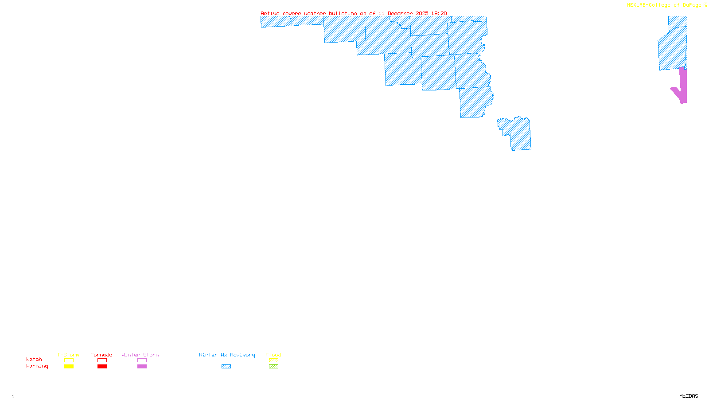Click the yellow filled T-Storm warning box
pyautogui.click(x=69, y=367)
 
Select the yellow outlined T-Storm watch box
pyautogui.click(x=69, y=360)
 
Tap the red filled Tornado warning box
pyautogui.click(x=102, y=367)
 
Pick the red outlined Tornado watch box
pyautogui.click(x=102, y=360)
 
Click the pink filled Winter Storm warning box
pyautogui.click(x=142, y=367)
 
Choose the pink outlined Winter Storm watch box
pyautogui.click(x=142, y=360)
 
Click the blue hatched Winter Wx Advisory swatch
pyautogui.click(x=226, y=367)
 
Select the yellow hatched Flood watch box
pyautogui.click(x=273, y=360)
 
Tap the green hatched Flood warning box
pyautogui.click(x=273, y=367)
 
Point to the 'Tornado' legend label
pyautogui.click(x=101, y=355)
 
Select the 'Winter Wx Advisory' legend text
pyautogui.click(x=227, y=355)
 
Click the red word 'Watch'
pyautogui.click(x=34, y=360)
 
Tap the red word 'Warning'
pyautogui.click(x=37, y=366)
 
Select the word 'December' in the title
pyautogui.click(x=400, y=14)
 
